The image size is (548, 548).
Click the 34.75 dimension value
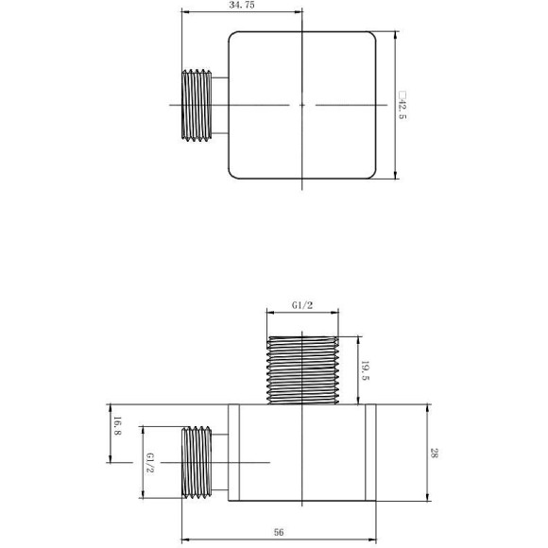[x=243, y=5]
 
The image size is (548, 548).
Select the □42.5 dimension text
[x=402, y=105]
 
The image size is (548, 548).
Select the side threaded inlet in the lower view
[x=197, y=461]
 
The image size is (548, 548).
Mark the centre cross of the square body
[x=301, y=104]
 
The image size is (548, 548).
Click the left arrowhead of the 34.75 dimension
[x=184, y=12]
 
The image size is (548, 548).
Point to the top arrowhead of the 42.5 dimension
[x=394, y=35]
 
